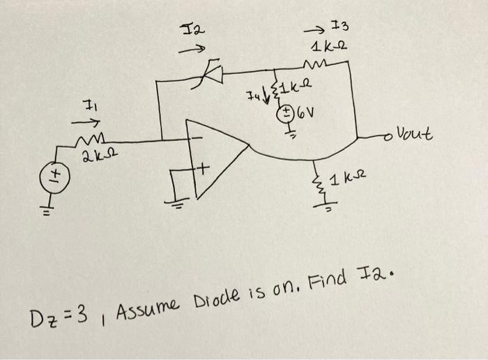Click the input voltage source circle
coord(52,172)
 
